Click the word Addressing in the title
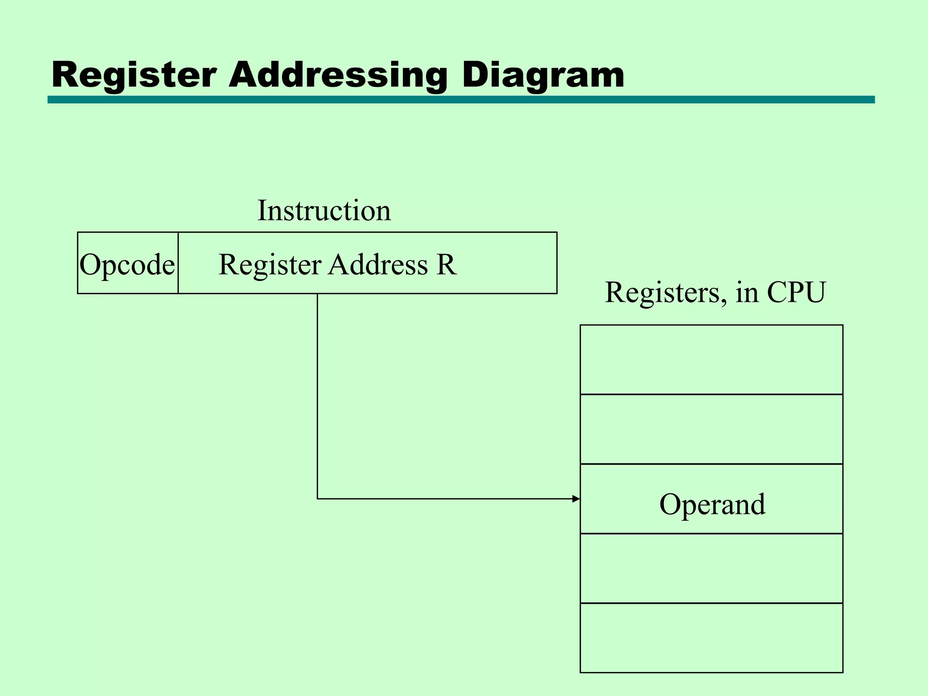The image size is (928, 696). pyautogui.click(x=338, y=76)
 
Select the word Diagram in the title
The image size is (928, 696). pyautogui.click(x=543, y=76)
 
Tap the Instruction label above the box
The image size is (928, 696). pyautogui.click(x=324, y=211)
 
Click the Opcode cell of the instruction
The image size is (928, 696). pyautogui.click(x=127, y=264)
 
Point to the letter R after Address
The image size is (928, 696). pyautogui.click(x=446, y=265)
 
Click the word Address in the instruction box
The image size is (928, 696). pyautogui.click(x=378, y=265)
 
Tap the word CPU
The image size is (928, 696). pyautogui.click(x=796, y=292)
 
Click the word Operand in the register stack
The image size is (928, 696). pyautogui.click(x=712, y=504)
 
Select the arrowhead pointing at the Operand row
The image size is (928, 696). pyautogui.click(x=576, y=499)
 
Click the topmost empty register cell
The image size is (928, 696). pyautogui.click(x=711, y=360)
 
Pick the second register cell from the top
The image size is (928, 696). pyautogui.click(x=711, y=429)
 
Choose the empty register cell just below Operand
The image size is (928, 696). pyautogui.click(x=711, y=568)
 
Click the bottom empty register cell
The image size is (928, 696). pyautogui.click(x=711, y=638)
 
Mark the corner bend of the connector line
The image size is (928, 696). pyautogui.click(x=317, y=499)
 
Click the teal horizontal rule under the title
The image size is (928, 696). pyautogui.click(x=461, y=100)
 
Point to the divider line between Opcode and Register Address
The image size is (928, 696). pyautogui.click(x=178, y=263)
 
